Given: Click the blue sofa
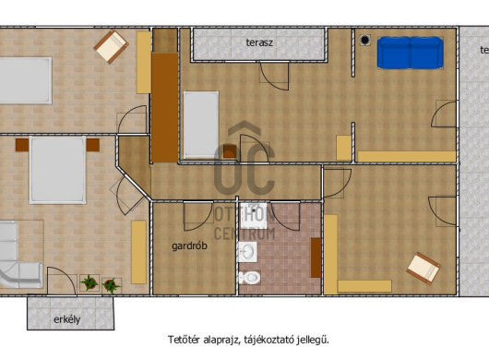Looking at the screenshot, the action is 410,53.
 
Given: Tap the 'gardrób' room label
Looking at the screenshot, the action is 189,246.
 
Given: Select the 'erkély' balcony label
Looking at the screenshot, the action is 67,319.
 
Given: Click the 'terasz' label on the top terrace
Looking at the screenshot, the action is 259,42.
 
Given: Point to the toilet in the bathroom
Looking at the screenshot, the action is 249,277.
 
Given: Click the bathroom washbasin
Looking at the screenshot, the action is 247,252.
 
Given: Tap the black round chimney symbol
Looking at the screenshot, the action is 364,40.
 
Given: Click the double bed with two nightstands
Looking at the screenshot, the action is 57,171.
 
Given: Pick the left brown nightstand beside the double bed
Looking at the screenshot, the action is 22,145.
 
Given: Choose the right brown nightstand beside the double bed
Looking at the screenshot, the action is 93,145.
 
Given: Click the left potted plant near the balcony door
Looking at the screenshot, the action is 89,282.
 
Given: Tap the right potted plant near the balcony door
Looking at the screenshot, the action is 111,285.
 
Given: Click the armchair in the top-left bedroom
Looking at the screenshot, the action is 111,46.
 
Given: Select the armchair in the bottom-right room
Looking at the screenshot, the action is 423,269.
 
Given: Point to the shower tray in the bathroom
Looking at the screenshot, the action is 254,216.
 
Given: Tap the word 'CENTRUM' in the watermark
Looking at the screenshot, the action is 244,234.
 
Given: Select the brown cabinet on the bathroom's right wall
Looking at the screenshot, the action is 316,258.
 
